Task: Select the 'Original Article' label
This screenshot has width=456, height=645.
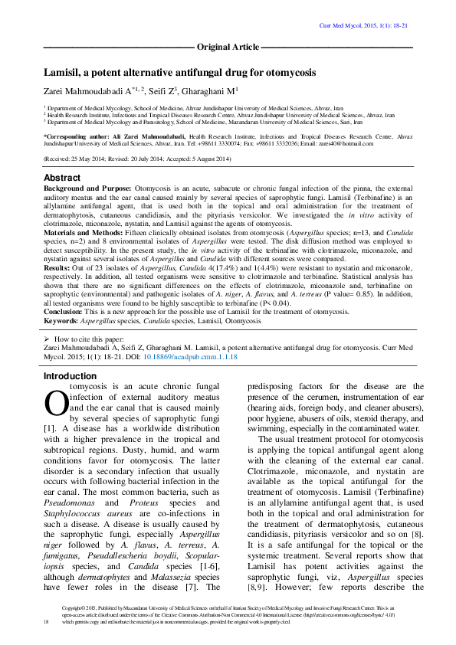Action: [x=228, y=47]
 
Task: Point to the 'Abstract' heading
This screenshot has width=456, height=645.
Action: [x=62, y=178]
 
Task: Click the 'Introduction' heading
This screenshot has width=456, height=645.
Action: [x=70, y=376]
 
